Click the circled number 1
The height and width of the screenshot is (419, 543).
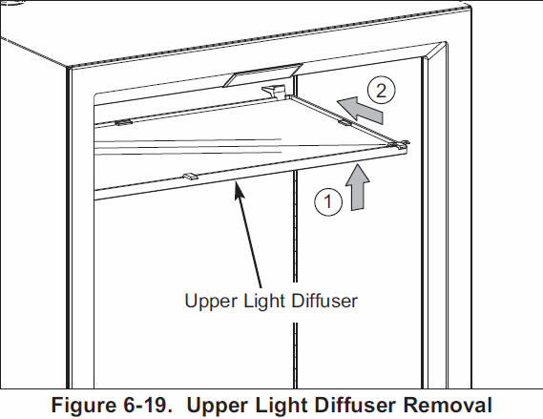tap(326, 201)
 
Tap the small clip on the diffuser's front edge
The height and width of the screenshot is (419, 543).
tap(188, 175)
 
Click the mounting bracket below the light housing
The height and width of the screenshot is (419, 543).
tap(273, 91)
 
